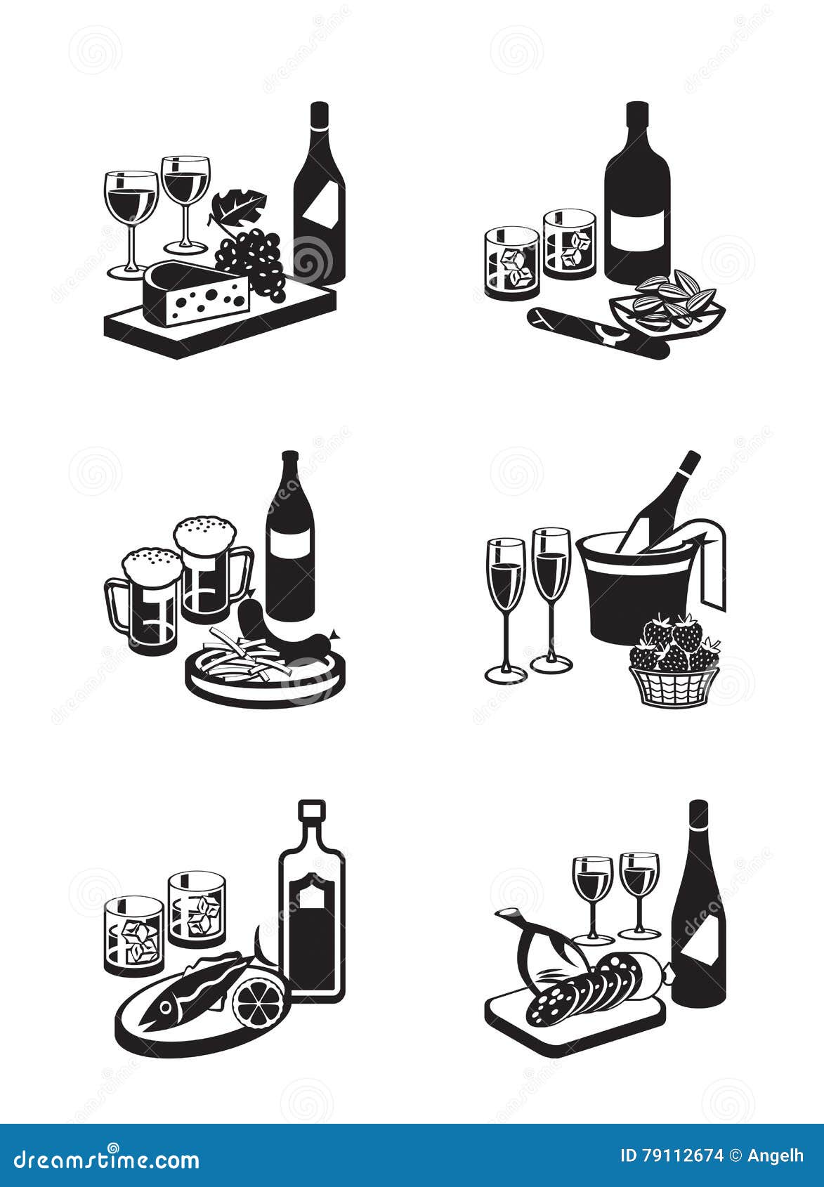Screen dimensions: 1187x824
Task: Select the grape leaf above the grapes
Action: coord(239,208)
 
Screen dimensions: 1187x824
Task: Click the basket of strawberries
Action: coord(672,663)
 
